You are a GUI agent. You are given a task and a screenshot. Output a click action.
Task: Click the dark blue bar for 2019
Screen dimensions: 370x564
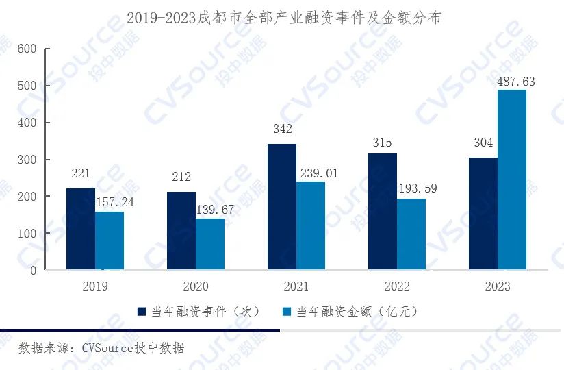[x=80, y=229]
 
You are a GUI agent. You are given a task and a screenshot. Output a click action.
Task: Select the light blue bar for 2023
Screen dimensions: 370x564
[x=512, y=180]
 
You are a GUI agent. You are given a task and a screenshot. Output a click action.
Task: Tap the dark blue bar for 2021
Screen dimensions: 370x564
[x=282, y=206]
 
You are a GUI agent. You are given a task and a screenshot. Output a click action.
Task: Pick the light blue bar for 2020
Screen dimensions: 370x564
[x=210, y=244]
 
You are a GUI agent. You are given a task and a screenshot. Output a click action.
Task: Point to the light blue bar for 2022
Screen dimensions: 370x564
[x=411, y=234]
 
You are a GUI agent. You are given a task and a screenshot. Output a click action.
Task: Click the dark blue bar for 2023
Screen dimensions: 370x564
[x=483, y=213]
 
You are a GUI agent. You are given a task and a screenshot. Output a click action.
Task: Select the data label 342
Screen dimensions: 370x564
[x=282, y=129]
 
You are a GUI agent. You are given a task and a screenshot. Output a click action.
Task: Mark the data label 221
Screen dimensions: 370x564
[x=80, y=174]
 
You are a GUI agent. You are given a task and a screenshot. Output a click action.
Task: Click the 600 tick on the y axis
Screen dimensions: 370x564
[x=27, y=49]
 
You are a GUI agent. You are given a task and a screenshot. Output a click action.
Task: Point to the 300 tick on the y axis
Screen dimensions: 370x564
[x=27, y=160]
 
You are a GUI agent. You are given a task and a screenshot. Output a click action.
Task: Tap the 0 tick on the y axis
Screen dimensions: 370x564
[x=33, y=270]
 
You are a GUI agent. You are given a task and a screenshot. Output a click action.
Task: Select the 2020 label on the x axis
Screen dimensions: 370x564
[x=196, y=286]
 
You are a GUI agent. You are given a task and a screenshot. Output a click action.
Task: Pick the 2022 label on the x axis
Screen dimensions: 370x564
[x=397, y=286]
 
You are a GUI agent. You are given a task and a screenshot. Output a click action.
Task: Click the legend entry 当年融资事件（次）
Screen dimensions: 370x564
[x=198, y=311]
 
